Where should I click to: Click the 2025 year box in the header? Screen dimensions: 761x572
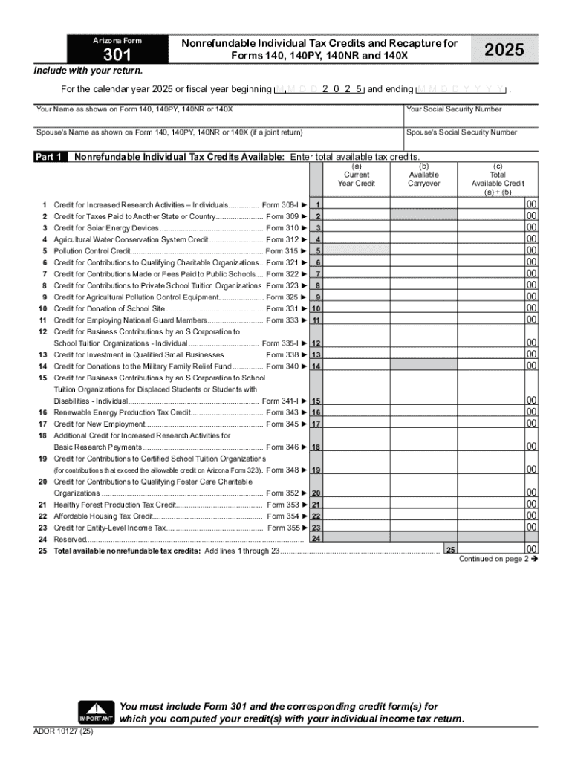click(x=504, y=50)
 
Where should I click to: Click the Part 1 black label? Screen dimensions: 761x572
click(x=49, y=157)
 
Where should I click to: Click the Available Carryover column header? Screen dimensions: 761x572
click(x=424, y=179)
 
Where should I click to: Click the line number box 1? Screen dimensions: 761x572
click(x=317, y=205)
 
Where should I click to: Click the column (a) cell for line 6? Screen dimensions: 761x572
click(x=357, y=263)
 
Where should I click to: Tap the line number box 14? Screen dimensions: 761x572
click(x=316, y=366)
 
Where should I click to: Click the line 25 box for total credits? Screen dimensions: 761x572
click(x=449, y=550)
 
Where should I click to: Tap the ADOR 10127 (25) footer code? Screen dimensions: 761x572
click(x=64, y=730)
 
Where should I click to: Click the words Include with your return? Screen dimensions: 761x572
click(x=88, y=71)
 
